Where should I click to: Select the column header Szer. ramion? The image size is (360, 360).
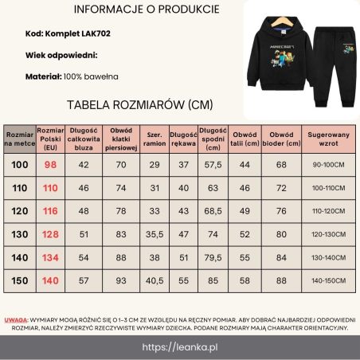155,137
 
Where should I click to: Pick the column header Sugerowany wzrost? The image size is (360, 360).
328,137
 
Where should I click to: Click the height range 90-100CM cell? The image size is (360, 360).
328,165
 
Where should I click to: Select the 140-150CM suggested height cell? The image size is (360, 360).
328,280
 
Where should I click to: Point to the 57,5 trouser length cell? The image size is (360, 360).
213,165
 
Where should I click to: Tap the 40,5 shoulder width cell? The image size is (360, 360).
155,280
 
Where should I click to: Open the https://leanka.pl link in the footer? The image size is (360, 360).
180,348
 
